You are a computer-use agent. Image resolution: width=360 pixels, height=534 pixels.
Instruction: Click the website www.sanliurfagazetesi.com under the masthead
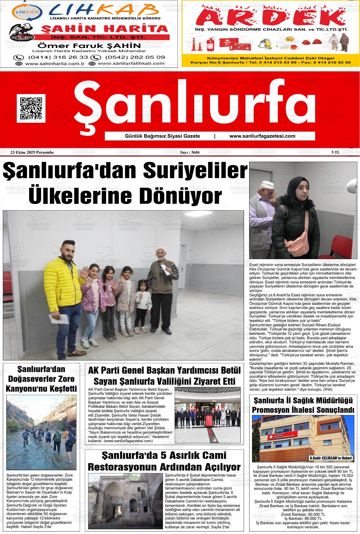262,136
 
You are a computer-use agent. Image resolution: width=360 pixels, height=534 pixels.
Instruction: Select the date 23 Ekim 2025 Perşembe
32,152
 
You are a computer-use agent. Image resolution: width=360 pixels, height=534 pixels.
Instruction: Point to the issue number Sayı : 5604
190,152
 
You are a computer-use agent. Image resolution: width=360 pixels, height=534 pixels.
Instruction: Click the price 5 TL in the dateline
335,152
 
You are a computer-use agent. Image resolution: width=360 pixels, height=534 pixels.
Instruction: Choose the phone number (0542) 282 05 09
135,57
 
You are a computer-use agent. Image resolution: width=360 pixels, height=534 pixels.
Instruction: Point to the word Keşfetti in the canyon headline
59,388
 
